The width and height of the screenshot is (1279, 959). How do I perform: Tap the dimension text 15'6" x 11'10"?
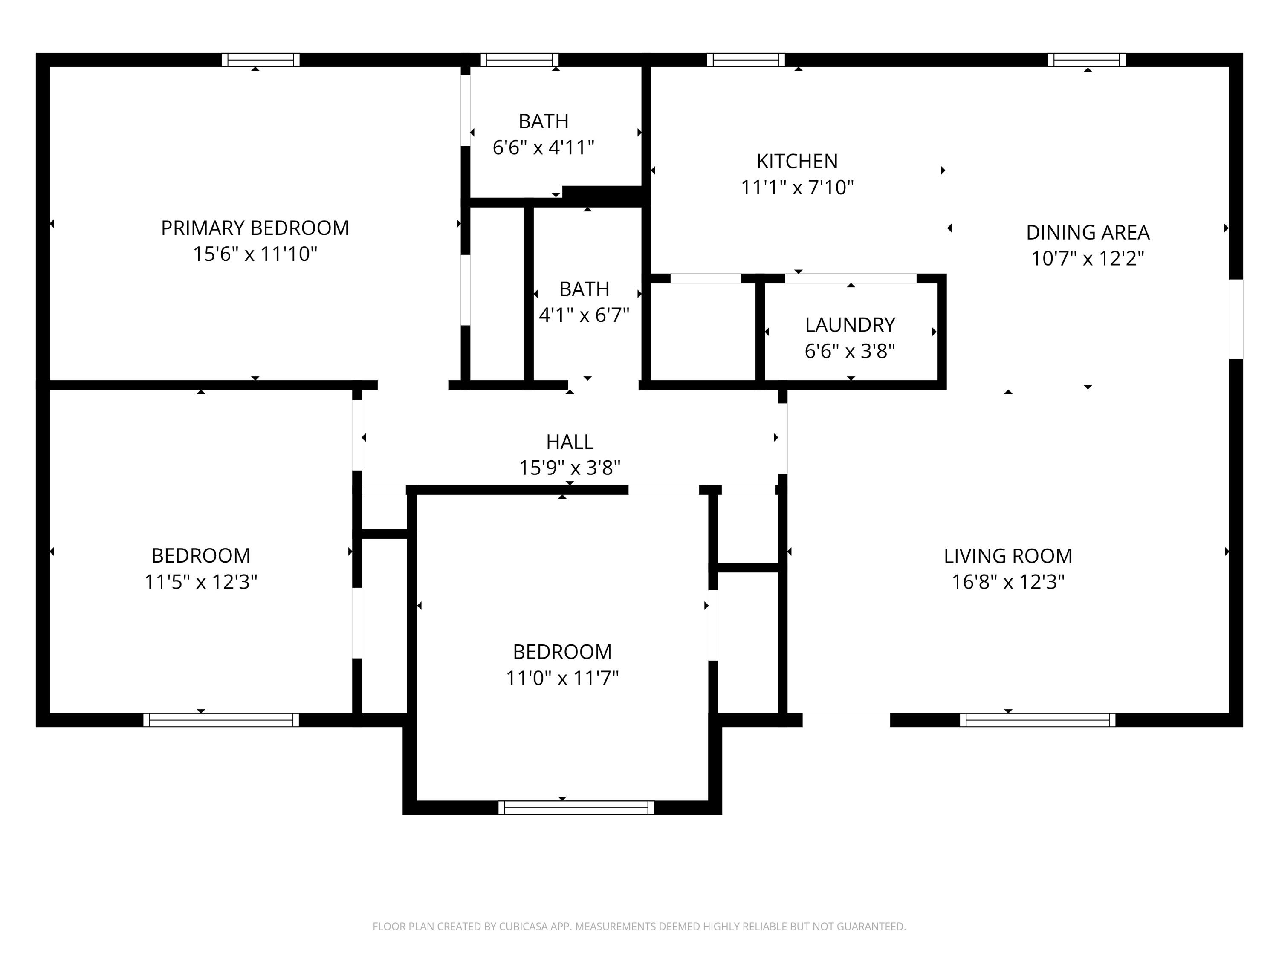pos(255,254)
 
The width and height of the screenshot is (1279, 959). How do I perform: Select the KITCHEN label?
pos(797,161)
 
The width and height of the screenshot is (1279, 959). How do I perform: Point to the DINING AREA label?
pos(1088,232)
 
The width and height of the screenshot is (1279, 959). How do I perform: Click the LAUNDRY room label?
pos(850,325)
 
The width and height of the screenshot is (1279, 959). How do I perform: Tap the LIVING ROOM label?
pos(1008,556)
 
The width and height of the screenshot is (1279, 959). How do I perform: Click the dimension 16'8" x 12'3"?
pos(1008,581)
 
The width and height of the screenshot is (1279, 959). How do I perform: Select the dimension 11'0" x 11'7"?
pos(562,678)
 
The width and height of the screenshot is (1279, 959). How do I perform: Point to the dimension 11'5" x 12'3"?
pos(201,581)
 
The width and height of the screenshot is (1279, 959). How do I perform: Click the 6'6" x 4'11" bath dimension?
pos(544,147)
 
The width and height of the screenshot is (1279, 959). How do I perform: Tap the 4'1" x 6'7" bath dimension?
pos(584,315)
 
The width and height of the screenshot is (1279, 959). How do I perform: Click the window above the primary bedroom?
pos(261,60)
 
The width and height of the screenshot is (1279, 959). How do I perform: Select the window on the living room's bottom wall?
pos(1038,720)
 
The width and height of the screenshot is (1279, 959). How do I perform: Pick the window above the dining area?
pos(1086,60)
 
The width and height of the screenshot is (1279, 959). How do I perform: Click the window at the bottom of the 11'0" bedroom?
pos(576,808)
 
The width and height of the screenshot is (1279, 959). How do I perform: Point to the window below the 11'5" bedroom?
pos(221,720)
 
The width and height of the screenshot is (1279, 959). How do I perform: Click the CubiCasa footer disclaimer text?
pos(639,927)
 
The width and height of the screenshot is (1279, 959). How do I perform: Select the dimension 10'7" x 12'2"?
pos(1088,258)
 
